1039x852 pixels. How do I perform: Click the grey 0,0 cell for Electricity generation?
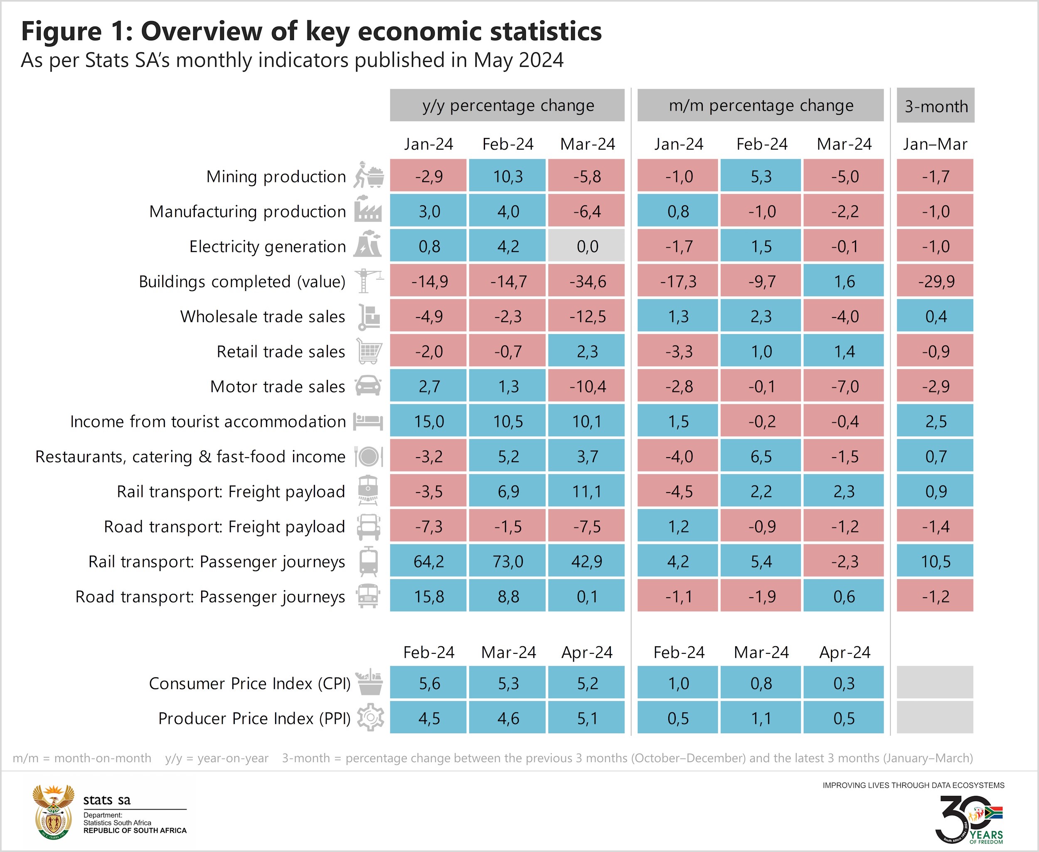586,246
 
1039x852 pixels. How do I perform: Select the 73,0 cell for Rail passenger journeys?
507,561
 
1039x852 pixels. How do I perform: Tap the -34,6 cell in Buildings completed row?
586,281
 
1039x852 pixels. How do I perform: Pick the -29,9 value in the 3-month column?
935,281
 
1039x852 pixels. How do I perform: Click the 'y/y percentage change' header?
507,106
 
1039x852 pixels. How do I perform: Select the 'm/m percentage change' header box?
760,106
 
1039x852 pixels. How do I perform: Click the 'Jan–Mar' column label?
935,144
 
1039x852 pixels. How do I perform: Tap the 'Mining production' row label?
276,177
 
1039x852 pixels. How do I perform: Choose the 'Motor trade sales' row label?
277,387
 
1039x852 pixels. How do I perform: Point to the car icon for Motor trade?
368,386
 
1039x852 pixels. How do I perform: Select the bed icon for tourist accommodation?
368,421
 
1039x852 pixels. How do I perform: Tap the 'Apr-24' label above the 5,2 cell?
587,652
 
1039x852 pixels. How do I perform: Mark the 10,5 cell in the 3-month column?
935,561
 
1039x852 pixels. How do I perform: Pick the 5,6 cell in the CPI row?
429,683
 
